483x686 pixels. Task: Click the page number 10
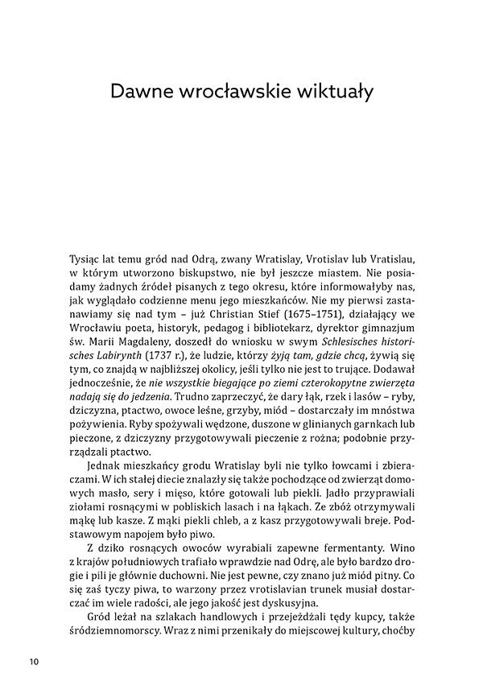point(32,662)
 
